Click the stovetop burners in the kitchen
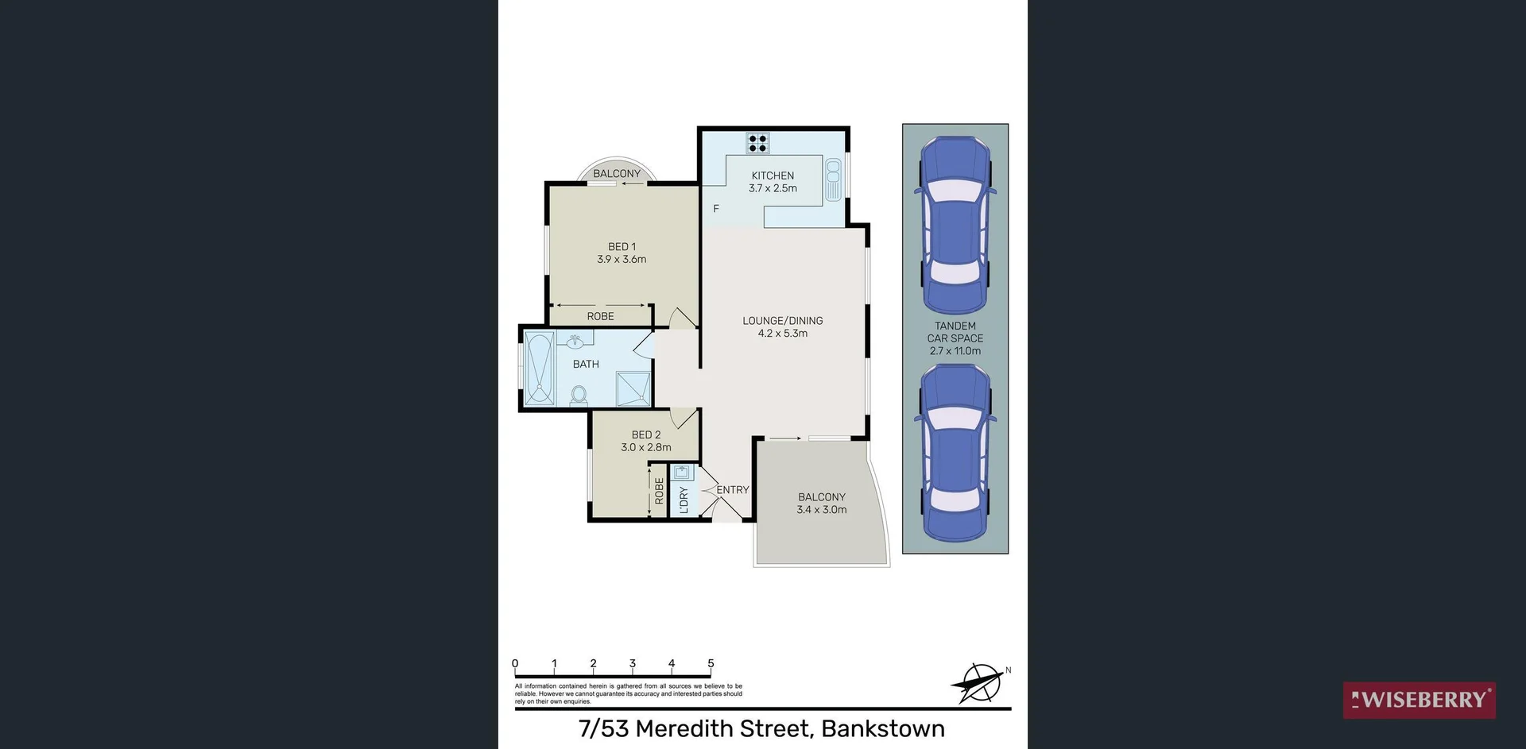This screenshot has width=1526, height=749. coord(757,143)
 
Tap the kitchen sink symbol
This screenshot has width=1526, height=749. coord(833,180)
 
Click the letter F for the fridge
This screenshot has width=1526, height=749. coord(716,209)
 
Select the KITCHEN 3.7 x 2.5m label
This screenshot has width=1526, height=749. coord(773,182)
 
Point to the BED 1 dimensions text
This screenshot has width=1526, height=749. coord(622,260)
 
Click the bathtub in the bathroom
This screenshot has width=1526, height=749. coord(539,369)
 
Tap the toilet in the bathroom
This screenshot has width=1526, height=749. coord(579,395)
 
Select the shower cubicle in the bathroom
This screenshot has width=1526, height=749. coord(633,388)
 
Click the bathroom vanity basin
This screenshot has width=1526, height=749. coord(574,342)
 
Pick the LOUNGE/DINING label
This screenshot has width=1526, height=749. coord(782,321)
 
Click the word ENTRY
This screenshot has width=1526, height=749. coord(732,490)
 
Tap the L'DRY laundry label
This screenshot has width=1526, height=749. coord(684,500)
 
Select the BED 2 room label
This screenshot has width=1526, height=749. coord(645,435)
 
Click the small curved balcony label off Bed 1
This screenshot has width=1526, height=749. coord(616,174)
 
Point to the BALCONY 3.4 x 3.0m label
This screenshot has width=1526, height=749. coord(821,504)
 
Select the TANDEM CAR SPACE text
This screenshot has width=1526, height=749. coord(955,338)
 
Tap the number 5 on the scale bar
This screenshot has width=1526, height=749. coord(711,664)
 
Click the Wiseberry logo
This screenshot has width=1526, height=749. coord(1419,700)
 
